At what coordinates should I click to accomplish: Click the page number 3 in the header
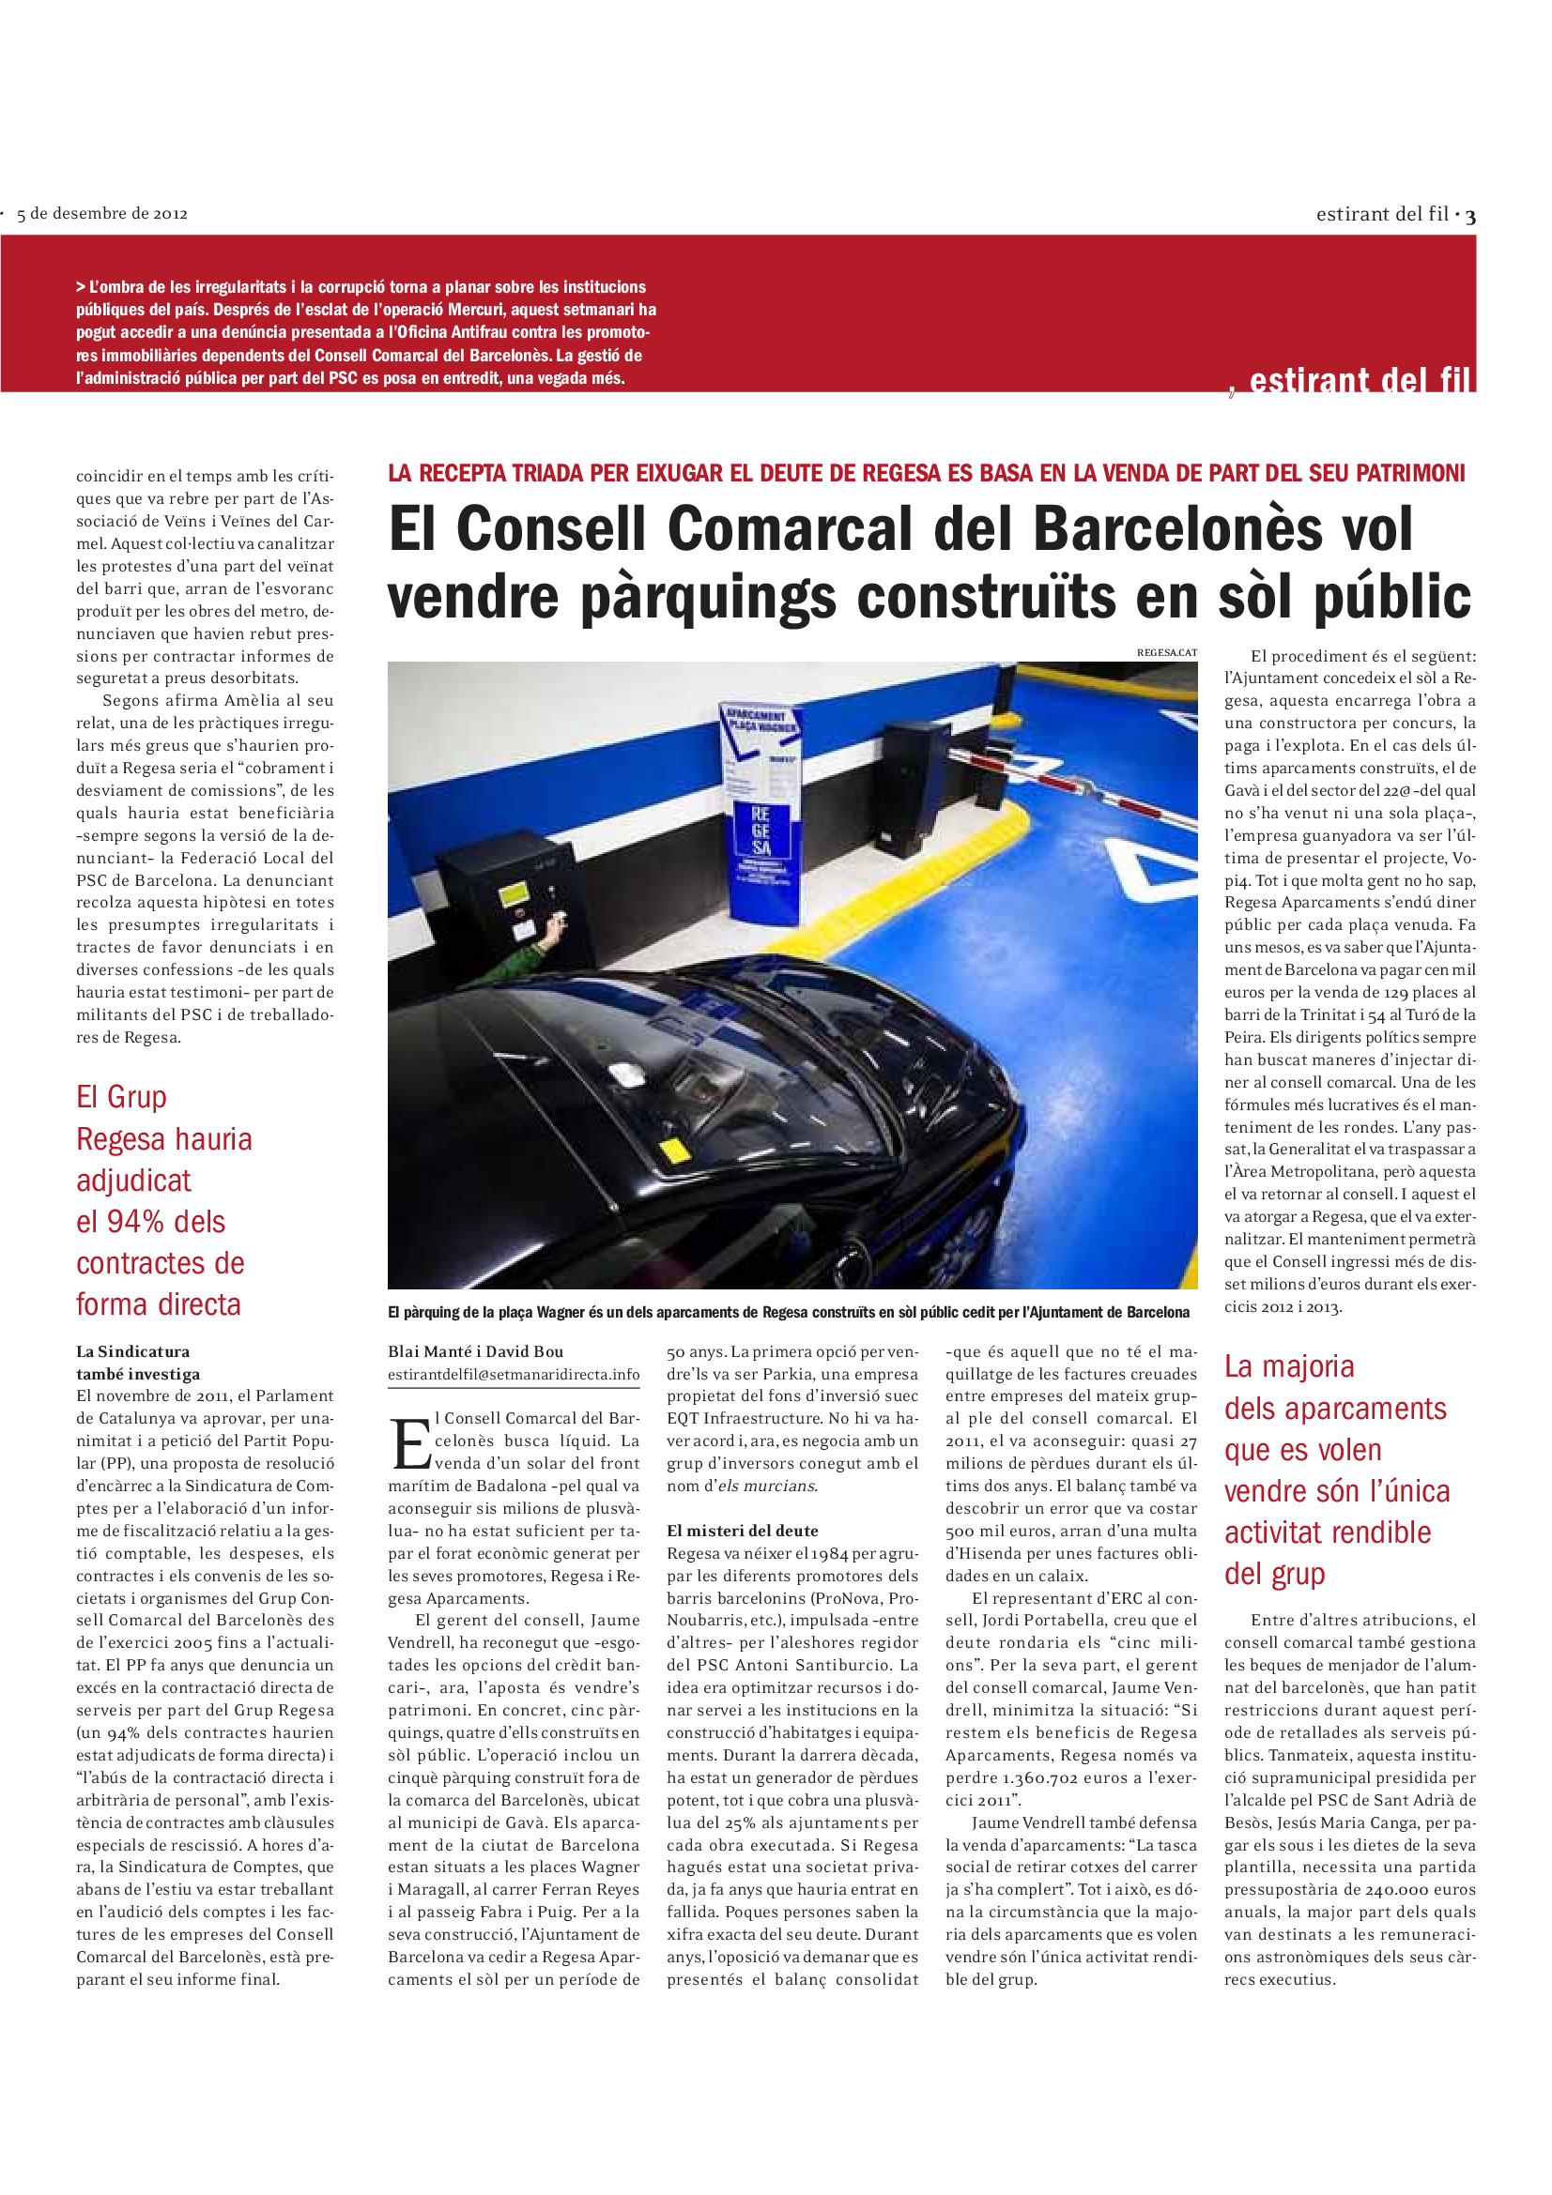click(x=1469, y=216)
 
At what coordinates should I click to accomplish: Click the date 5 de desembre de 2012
click(x=102, y=214)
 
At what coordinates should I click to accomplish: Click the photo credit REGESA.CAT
click(x=1166, y=652)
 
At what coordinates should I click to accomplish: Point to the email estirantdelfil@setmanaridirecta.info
click(x=514, y=1374)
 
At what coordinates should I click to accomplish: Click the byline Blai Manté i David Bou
click(x=475, y=1350)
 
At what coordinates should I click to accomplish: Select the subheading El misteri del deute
click(x=742, y=1531)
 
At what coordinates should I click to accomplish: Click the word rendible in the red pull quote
click(x=1375, y=1532)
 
